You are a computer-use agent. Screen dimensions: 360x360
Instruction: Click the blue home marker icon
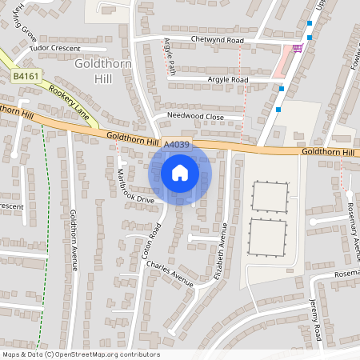pyautogui.click(x=180, y=172)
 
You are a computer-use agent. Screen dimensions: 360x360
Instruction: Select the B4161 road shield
pyautogui.click(x=25, y=76)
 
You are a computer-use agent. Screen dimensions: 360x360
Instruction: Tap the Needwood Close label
pyautogui.click(x=195, y=116)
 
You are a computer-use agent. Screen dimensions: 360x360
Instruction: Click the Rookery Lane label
pyautogui.click(x=66, y=94)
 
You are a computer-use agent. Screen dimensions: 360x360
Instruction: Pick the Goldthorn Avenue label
pyautogui.click(x=73, y=240)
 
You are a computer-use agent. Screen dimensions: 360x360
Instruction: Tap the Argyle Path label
pyautogui.click(x=170, y=56)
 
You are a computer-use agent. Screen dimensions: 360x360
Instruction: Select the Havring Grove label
pyautogui.click(x=25, y=22)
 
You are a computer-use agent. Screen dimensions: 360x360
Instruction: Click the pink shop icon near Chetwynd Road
pyautogui.click(x=298, y=48)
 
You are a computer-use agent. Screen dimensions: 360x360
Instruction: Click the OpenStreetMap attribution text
pyautogui.click(x=81, y=354)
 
